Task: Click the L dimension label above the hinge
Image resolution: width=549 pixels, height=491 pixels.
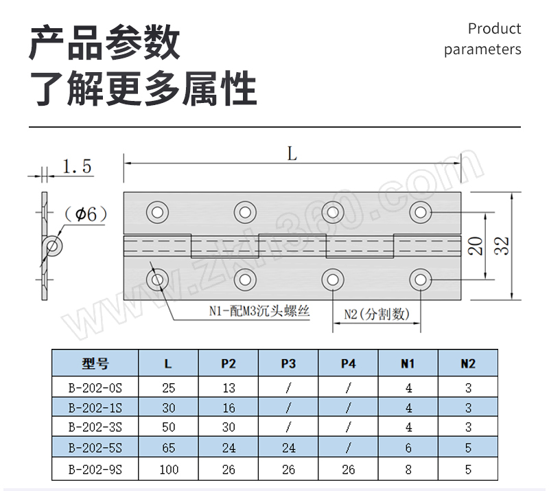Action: click(292, 155)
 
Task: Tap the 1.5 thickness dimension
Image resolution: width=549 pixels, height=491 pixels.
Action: click(77, 167)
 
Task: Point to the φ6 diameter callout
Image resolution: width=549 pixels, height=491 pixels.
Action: click(86, 214)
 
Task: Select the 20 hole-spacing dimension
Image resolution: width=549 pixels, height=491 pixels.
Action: click(474, 246)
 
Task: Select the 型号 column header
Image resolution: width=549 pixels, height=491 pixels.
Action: click(95, 364)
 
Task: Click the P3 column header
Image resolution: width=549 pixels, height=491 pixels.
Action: click(289, 364)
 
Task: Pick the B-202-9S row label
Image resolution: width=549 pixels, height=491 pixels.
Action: click(95, 470)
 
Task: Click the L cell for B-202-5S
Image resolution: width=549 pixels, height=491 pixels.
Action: click(169, 448)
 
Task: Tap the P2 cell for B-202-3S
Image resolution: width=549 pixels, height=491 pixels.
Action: click(229, 427)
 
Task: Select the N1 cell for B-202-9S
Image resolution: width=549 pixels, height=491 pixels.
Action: click(409, 470)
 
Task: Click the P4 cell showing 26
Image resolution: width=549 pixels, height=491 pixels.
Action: click(349, 470)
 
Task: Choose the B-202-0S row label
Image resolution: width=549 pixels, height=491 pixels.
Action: click(95, 388)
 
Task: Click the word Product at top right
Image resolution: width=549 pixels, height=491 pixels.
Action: click(494, 29)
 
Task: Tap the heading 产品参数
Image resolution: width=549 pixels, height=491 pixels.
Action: click(104, 43)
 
